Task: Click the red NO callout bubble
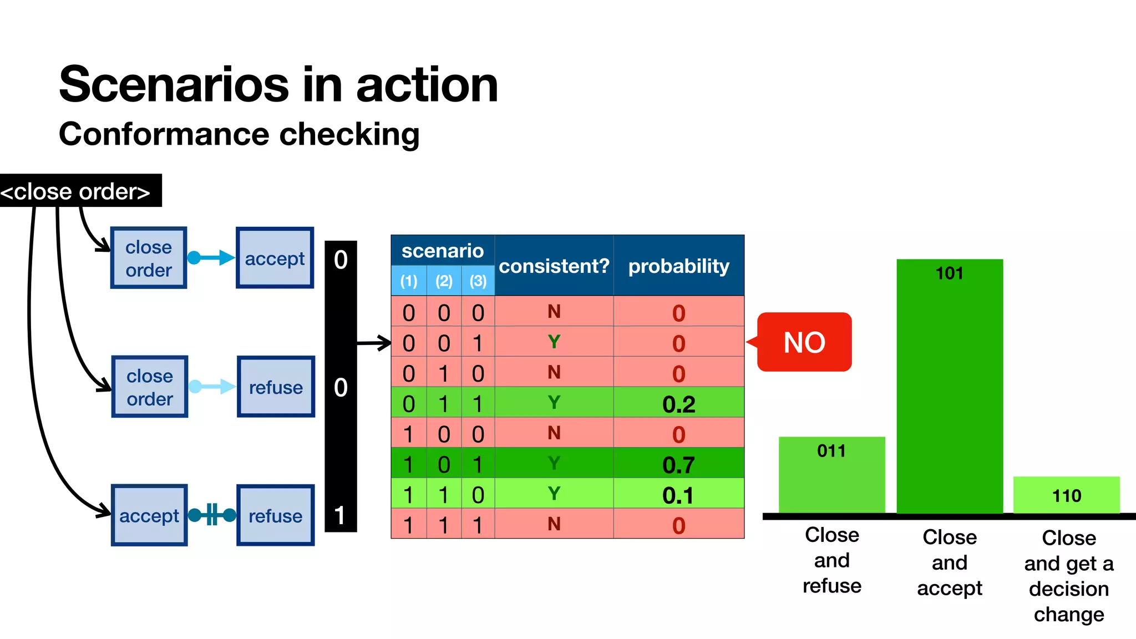tap(804, 342)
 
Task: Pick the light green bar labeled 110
tap(1066, 495)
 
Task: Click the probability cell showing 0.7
tap(678, 464)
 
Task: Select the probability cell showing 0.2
tap(678, 404)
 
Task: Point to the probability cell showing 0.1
tap(678, 495)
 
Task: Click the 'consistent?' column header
tap(554, 266)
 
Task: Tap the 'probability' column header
tap(678, 266)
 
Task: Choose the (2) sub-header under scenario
tap(444, 281)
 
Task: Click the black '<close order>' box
tap(78, 191)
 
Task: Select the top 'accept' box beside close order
tap(275, 258)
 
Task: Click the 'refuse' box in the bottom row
tap(275, 515)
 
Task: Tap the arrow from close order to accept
tap(211, 258)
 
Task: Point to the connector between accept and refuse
tap(212, 515)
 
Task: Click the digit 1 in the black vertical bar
tap(340, 515)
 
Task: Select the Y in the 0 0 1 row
tap(554, 342)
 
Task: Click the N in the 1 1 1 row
tap(554, 524)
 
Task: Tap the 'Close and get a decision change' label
tap(1068, 576)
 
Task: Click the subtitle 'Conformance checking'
tap(239, 135)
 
